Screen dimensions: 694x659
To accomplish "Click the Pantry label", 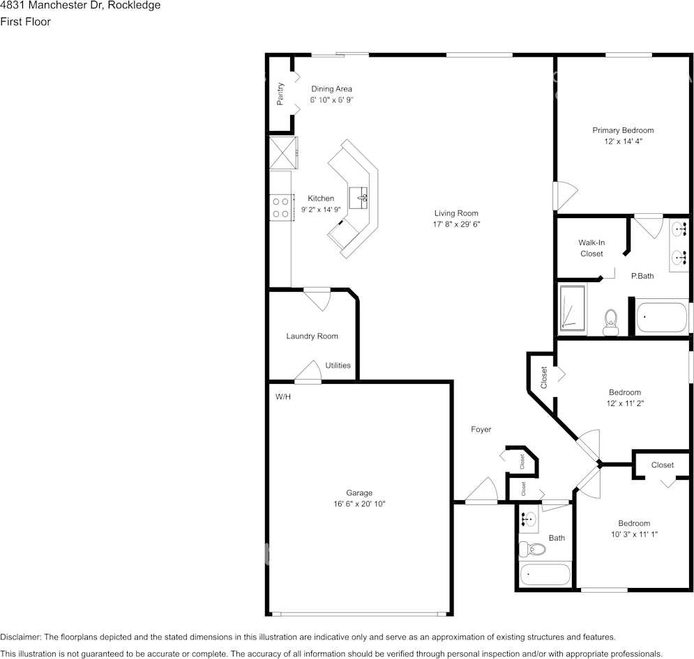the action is pos(280,94).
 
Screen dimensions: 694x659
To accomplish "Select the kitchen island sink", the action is pos(359,198).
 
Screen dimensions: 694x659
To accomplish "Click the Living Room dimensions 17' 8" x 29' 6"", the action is pos(456,224).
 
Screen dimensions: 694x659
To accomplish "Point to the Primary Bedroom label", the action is pos(623,130).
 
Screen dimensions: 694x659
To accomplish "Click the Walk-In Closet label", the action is pos(591,248).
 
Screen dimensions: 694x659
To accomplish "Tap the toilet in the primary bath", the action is pos(611,323).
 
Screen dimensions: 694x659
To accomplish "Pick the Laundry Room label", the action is pos(312,336).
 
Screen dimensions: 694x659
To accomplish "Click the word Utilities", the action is pos(338,365).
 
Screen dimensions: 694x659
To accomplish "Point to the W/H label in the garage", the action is pos(283,396).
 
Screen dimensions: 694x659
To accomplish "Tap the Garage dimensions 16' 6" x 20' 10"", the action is pos(359,504).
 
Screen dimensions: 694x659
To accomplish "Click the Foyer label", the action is pos(481,429).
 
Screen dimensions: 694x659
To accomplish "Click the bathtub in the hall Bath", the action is pos(545,575).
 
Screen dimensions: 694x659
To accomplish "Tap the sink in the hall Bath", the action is pos(528,520).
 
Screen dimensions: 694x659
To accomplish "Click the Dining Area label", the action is pos(331,89).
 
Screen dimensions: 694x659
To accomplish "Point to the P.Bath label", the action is pos(642,276).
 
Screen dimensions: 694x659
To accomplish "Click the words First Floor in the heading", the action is pos(25,22).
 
